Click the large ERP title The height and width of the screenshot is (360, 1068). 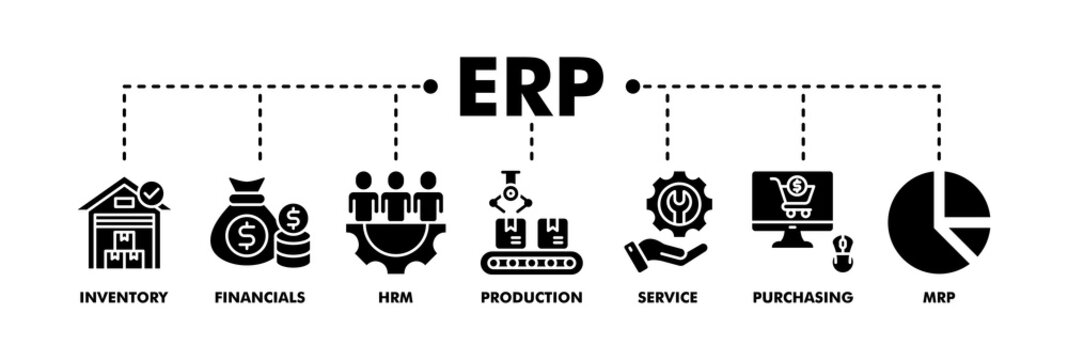pyautogui.click(x=530, y=86)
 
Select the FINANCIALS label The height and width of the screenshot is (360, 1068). pyautogui.click(x=259, y=297)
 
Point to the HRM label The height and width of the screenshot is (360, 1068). pyautogui.click(x=396, y=297)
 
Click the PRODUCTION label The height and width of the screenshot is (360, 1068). pyautogui.click(x=531, y=297)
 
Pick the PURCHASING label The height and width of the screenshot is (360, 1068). pyautogui.click(x=803, y=297)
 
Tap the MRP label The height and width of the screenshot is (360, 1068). pyautogui.click(x=938, y=297)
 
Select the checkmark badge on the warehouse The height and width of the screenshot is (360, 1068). pyautogui.click(x=152, y=190)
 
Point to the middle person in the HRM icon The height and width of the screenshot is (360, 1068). pyautogui.click(x=396, y=195)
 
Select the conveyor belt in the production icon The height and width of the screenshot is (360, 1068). pyautogui.click(x=531, y=263)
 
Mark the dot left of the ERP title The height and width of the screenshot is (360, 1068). pyautogui.click(x=431, y=86)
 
